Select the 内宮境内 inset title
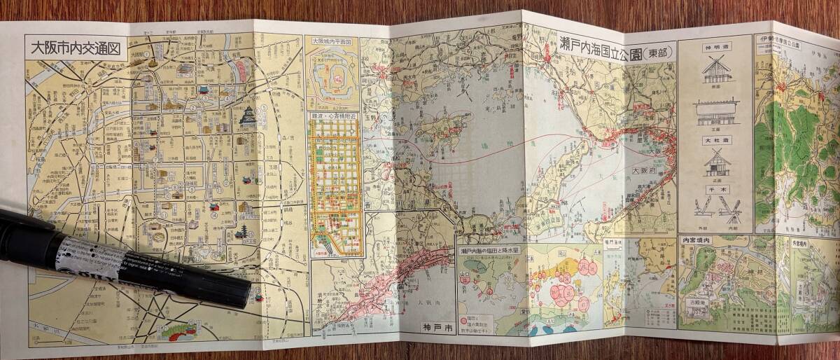click(x=698, y=241)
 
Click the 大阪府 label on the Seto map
click(x=642, y=170)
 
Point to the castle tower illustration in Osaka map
click(x=248, y=118)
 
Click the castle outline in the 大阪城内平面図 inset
click(x=333, y=77)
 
